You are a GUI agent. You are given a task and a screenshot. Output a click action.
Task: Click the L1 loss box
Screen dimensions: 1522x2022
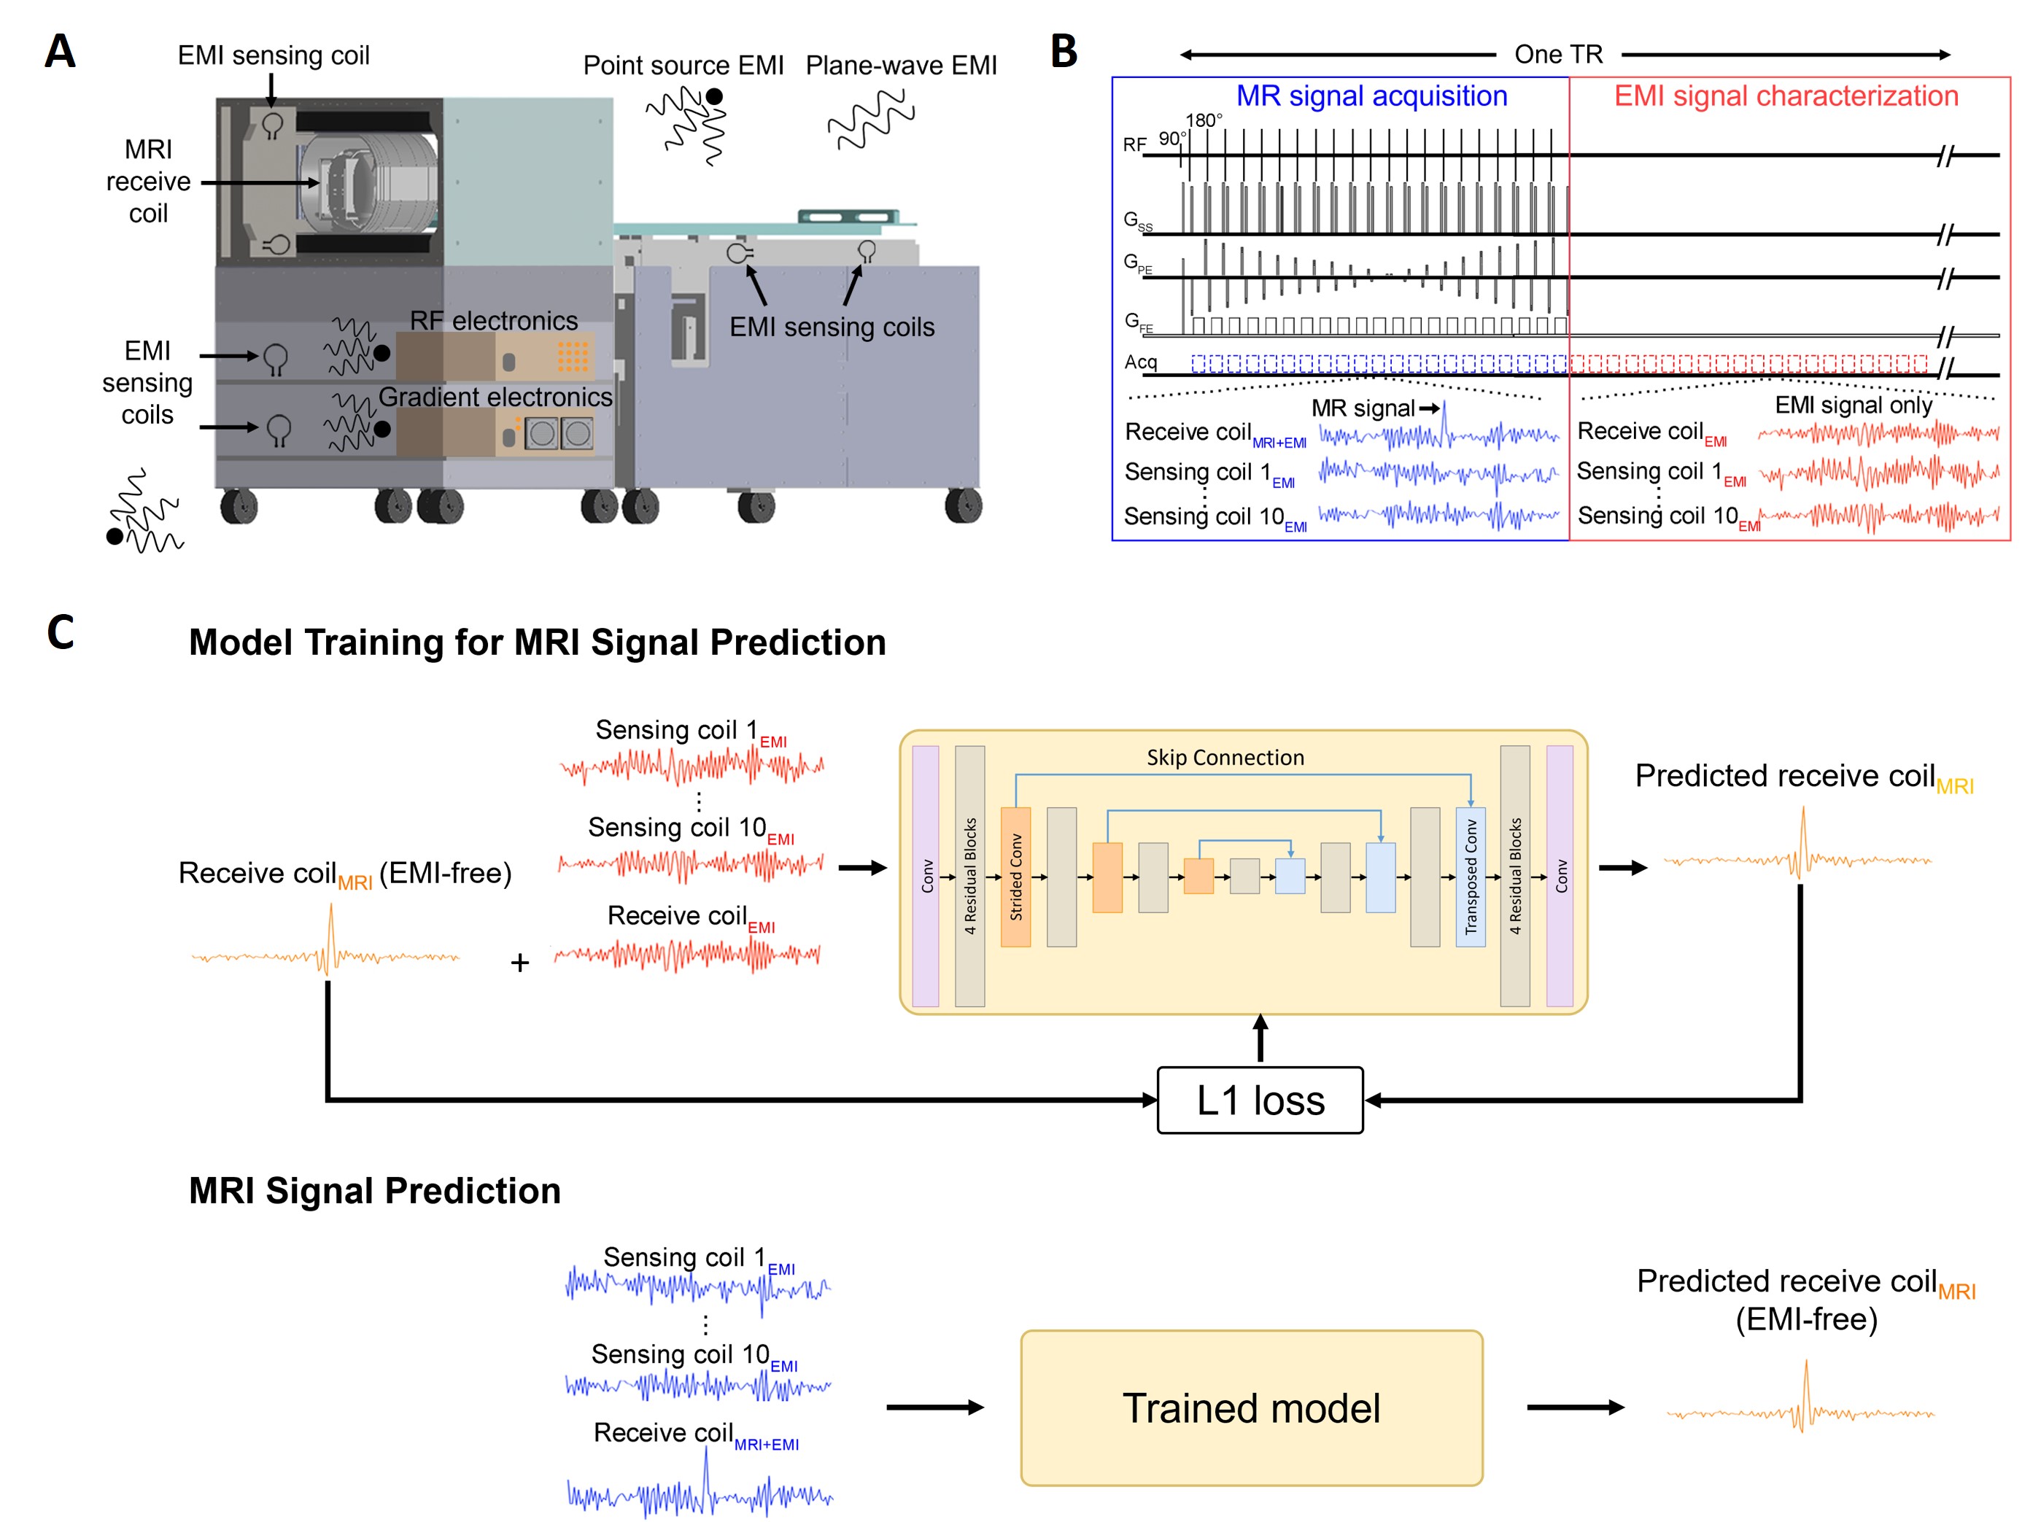[1260, 1100]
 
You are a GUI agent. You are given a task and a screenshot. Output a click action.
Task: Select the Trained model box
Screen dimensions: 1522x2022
[1250, 1408]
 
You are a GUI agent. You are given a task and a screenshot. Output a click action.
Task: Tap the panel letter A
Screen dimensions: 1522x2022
[61, 51]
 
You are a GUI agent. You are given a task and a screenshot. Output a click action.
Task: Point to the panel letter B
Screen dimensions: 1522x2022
[1063, 51]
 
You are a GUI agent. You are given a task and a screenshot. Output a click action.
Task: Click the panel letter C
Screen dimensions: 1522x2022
[61, 632]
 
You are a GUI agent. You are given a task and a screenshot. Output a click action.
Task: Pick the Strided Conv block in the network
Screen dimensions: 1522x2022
[1015, 876]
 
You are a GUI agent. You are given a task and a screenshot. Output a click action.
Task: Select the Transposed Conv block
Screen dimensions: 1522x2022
[1470, 876]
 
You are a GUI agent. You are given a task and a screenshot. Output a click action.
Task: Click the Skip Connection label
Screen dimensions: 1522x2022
[1225, 757]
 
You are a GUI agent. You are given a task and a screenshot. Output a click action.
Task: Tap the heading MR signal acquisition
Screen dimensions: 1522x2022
[1371, 96]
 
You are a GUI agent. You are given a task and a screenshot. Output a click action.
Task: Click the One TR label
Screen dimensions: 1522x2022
[1559, 55]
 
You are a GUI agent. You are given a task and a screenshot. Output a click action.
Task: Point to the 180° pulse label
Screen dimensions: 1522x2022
[1203, 120]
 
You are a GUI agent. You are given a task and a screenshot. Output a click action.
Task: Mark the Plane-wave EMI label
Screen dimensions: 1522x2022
[900, 66]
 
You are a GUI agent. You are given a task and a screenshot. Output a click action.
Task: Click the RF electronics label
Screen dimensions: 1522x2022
[494, 321]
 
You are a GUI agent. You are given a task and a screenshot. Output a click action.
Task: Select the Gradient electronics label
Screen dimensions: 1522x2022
[495, 397]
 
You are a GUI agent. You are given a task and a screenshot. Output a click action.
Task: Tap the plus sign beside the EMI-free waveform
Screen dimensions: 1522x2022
[519, 963]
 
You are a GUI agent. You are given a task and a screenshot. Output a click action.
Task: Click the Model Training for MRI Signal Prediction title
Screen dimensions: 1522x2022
[538, 642]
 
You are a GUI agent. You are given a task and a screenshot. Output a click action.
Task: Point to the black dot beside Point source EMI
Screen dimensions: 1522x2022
[714, 96]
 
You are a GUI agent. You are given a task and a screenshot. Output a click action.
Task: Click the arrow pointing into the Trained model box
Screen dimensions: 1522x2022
[934, 1407]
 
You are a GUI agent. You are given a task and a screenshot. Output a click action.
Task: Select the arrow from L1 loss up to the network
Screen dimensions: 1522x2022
[1260, 1039]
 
